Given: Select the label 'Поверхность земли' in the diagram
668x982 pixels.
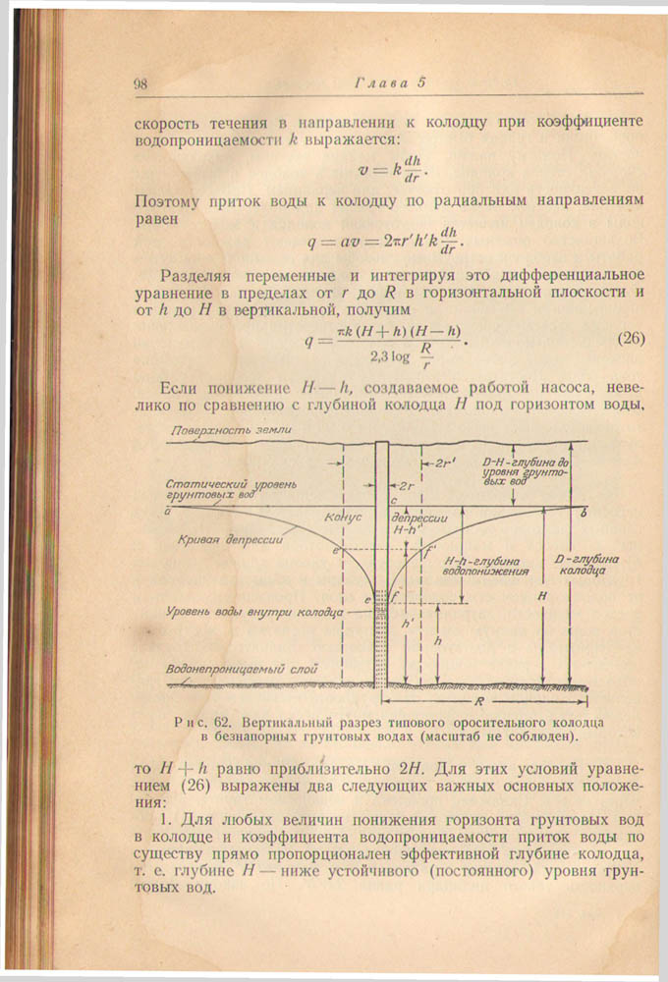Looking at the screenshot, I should [230, 431].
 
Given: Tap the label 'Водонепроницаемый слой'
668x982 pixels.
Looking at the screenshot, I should [242, 668].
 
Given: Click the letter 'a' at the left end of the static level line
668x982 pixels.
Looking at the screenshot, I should [168, 511].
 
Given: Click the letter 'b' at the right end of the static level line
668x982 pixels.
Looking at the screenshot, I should [584, 512].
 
